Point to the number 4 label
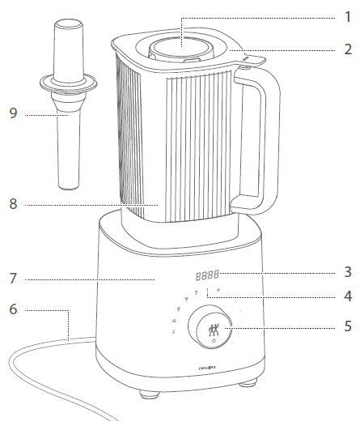click(348, 296)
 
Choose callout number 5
click(348, 329)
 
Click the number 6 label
click(11, 310)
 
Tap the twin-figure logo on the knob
click(214, 330)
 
